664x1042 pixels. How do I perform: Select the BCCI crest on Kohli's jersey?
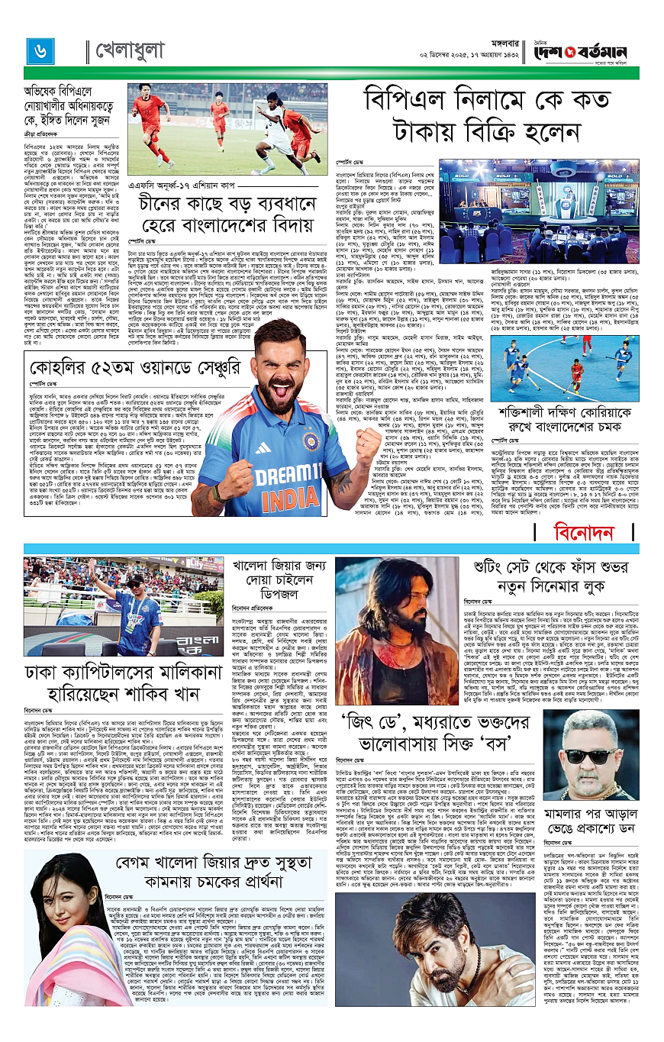(311, 441)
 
